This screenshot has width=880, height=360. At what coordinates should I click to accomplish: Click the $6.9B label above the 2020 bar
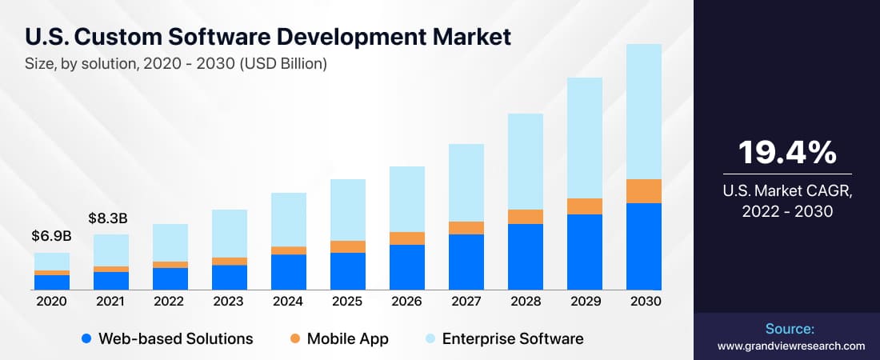point(51,237)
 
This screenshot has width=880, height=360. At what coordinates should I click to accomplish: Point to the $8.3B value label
point(110,218)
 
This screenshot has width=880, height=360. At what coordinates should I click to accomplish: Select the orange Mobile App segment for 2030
point(644,191)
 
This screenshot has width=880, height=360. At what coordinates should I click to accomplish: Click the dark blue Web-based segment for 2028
point(526,256)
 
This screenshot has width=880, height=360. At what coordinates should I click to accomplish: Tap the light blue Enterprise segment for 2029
point(585,138)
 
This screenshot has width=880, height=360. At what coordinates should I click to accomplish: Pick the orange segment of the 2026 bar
point(407,238)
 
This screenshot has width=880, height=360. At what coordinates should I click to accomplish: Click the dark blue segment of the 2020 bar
point(51,282)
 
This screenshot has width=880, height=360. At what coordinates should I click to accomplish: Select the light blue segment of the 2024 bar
point(289,219)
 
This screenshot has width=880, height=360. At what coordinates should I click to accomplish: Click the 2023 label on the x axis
point(229,302)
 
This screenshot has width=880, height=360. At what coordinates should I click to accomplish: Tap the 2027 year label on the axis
point(466,302)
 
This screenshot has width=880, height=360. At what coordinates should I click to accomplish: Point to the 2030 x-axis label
point(644,302)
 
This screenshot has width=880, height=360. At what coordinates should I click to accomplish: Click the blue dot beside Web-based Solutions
point(86,338)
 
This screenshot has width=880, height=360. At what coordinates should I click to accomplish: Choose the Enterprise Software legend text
point(512,338)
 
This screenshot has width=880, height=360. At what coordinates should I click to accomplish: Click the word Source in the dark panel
point(788,329)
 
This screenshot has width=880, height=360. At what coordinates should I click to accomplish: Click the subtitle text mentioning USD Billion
point(176,64)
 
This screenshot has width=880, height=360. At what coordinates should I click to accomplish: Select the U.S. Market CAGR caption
point(787,201)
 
